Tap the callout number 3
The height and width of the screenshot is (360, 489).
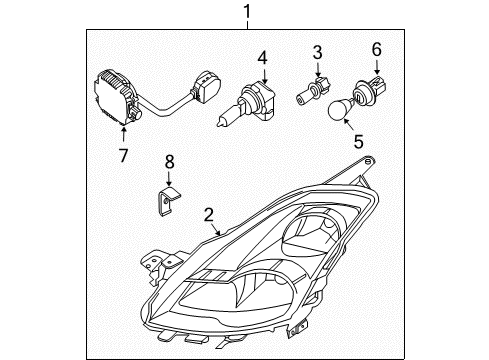point(317,52)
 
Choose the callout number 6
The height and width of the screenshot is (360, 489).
point(377,48)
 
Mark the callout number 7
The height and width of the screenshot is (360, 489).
point(123,155)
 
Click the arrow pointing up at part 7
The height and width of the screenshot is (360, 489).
point(123,134)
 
